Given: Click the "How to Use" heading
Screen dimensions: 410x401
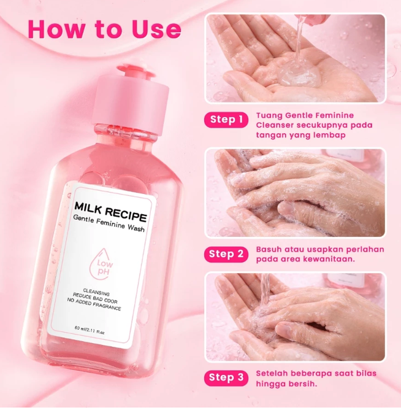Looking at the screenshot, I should [104, 29].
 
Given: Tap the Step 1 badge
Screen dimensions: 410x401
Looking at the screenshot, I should [226, 120].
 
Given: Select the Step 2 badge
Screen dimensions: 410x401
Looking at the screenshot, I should [226, 253].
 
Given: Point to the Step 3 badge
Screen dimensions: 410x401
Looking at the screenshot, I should [226, 377].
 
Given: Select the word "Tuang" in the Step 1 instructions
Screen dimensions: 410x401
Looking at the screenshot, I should [268, 115].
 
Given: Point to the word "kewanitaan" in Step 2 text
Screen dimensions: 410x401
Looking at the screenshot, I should [332, 259].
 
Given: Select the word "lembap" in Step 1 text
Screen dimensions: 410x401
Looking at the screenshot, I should [329, 135].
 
